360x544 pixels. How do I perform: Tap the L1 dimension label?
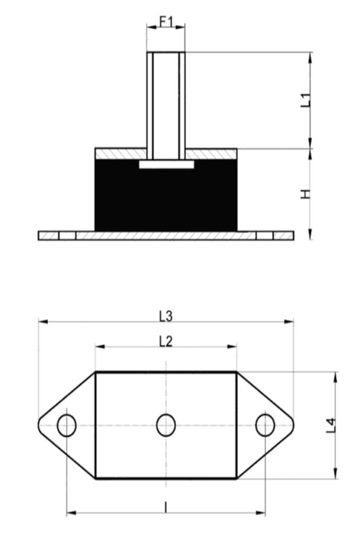click(305, 100)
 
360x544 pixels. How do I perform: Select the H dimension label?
click(305, 194)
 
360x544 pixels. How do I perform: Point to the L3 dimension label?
click(166, 316)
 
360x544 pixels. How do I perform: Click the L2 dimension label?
click(166, 342)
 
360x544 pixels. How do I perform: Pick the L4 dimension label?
click(331, 426)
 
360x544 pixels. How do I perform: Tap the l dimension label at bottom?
click(166, 507)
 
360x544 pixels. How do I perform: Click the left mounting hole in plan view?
click(66, 426)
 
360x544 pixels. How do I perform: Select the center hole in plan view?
click(166, 426)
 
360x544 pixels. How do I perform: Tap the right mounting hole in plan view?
click(265, 426)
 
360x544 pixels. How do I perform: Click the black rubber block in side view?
click(166, 195)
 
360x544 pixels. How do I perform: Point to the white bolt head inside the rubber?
click(167, 165)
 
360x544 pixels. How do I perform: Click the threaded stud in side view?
click(166, 106)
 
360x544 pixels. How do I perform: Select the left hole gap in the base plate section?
click(67, 236)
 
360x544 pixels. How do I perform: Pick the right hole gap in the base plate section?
click(264, 236)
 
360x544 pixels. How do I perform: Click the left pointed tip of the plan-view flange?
click(38, 426)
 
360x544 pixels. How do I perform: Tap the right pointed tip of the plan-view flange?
click(294, 426)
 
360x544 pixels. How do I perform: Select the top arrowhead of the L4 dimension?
click(336, 377)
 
